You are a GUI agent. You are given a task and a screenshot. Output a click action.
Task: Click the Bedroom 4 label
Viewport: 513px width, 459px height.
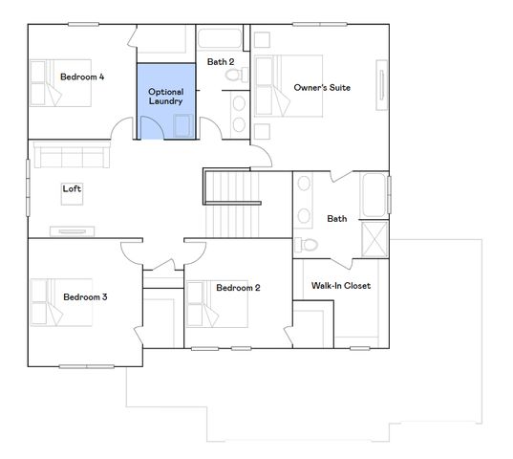click(x=82, y=76)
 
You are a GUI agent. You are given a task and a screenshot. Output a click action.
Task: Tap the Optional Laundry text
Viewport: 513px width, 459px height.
click(x=165, y=96)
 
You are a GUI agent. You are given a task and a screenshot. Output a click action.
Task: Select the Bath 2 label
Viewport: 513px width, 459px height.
click(x=221, y=62)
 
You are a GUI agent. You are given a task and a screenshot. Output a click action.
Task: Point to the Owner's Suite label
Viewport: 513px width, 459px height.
click(x=322, y=88)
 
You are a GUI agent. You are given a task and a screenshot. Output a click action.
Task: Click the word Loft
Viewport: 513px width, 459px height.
click(x=72, y=188)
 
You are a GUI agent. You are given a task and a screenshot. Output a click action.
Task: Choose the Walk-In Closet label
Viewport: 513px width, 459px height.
click(x=341, y=286)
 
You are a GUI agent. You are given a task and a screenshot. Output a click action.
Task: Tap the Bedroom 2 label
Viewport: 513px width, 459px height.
click(x=238, y=288)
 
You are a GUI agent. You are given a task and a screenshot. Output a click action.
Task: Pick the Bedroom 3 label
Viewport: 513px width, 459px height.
click(x=85, y=297)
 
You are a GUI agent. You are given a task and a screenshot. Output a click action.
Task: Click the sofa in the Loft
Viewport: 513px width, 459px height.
click(x=67, y=156)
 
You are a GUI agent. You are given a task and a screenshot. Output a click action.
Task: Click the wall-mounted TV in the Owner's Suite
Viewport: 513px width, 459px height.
click(x=382, y=88)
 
